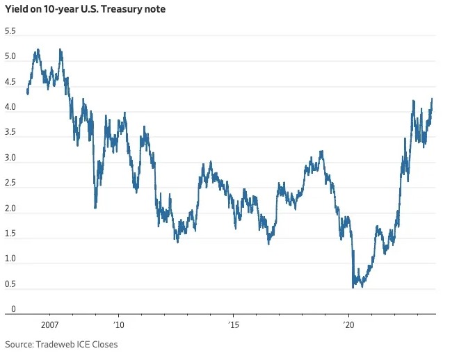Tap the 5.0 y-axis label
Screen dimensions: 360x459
pos(10,58)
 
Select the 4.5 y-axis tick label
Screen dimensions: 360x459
pos(10,83)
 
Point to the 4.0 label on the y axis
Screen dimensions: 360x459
pos(10,108)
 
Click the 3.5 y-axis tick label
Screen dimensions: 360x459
pos(10,133)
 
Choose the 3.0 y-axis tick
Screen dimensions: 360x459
pos(10,158)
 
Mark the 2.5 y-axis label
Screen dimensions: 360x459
pos(10,183)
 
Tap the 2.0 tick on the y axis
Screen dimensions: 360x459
pos(10,208)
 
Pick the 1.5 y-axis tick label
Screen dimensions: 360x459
pos(10,234)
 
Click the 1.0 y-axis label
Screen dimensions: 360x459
pos(10,259)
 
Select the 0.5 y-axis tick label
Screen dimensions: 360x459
pos(10,284)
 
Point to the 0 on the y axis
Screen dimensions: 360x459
pos(7,309)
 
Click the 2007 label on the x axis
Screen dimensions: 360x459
pos(49,325)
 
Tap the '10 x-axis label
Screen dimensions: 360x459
pos(119,325)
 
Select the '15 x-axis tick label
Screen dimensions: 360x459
pos(234,325)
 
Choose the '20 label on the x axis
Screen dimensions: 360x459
pos(348,325)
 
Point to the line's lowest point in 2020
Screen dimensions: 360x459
pos(353,286)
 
